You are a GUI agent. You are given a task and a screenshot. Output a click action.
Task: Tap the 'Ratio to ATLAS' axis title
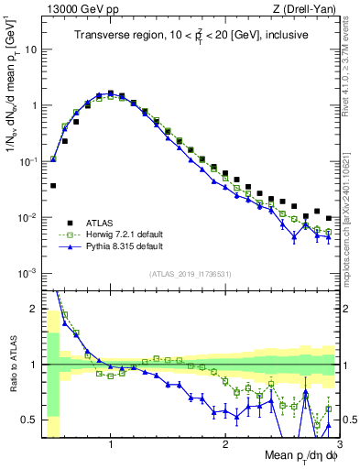click(x=10, y=364)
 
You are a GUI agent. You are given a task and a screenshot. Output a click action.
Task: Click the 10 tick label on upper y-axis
click(x=29, y=49)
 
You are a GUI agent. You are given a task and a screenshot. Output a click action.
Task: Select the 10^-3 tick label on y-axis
click(x=27, y=274)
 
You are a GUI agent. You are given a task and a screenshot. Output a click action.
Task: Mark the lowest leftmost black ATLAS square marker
click(x=53, y=185)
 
